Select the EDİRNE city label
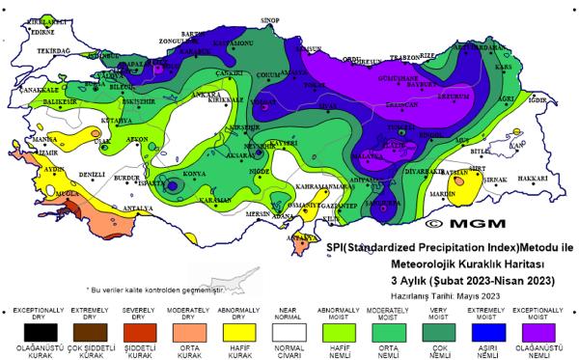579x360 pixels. pos(43,31)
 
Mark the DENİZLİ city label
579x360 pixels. pos(92,175)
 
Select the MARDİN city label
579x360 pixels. pos(439,194)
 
